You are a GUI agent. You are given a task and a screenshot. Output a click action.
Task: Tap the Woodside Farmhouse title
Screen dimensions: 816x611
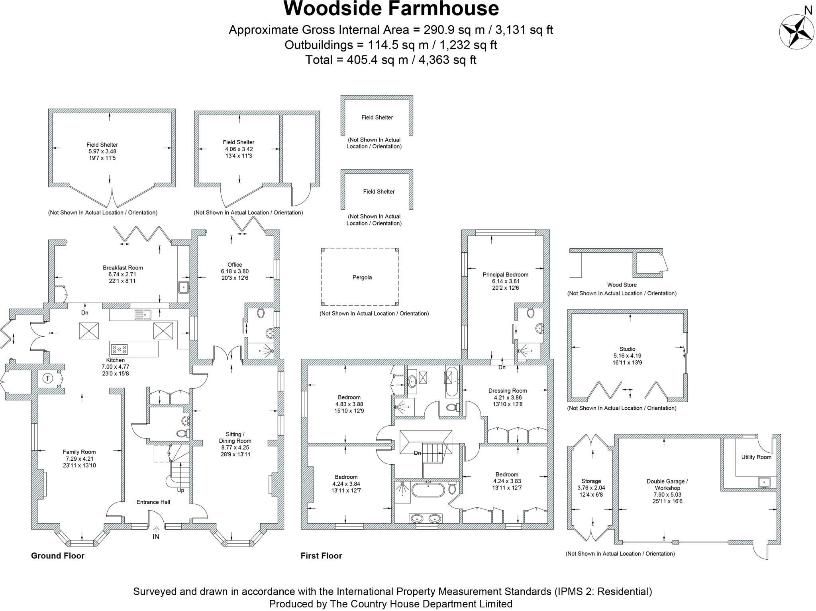pyautogui.click(x=391, y=9)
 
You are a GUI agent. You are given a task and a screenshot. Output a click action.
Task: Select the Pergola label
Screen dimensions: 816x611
pyautogui.click(x=362, y=277)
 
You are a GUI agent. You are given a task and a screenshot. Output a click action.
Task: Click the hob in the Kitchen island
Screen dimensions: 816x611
pyautogui.click(x=120, y=349)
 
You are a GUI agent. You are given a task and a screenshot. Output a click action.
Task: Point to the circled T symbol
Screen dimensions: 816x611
pyautogui.click(x=48, y=378)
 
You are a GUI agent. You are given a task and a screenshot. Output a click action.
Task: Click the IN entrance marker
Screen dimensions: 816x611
pyautogui.click(x=156, y=536)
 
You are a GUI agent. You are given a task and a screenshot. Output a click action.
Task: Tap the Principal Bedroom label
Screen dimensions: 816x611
pyautogui.click(x=505, y=275)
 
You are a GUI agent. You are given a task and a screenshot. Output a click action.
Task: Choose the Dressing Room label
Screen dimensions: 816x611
pyautogui.click(x=508, y=391)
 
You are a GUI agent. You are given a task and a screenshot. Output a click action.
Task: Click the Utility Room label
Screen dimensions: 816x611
pyautogui.click(x=756, y=457)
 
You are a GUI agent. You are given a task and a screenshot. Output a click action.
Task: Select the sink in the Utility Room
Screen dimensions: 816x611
pyautogui.click(x=764, y=482)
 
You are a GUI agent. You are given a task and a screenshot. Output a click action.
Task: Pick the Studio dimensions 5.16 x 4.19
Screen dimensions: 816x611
pyautogui.click(x=627, y=356)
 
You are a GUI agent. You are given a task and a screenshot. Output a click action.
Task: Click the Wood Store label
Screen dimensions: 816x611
pyautogui.click(x=622, y=285)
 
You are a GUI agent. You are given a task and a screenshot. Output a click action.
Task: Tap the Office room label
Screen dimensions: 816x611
pyautogui.click(x=235, y=265)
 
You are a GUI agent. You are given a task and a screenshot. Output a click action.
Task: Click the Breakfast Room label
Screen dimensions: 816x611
pyautogui.click(x=123, y=268)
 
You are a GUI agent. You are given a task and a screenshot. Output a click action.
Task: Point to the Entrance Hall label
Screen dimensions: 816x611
pyautogui.click(x=153, y=502)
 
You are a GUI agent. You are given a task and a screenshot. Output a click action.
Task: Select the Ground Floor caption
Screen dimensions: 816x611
pyautogui.click(x=58, y=556)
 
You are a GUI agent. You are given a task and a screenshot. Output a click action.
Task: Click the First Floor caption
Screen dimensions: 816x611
pyautogui.click(x=321, y=556)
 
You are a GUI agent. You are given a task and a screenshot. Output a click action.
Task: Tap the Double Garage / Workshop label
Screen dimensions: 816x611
pyautogui.click(x=667, y=485)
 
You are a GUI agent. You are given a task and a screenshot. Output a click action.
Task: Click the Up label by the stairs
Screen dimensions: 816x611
pyautogui.click(x=180, y=491)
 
